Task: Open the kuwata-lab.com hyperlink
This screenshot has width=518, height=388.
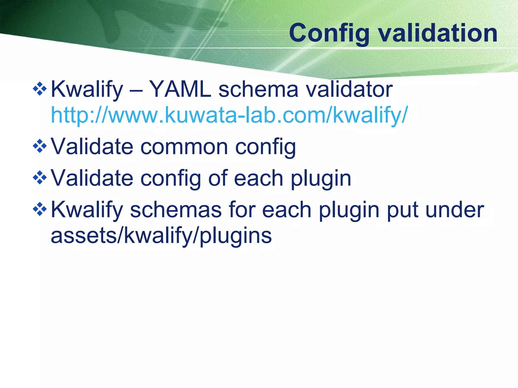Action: pyautogui.click(x=229, y=115)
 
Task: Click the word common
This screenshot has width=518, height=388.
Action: pyautogui.click(x=184, y=147)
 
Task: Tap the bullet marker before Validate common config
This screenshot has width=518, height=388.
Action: pyautogui.click(x=40, y=146)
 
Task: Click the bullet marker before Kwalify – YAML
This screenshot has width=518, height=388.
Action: pyautogui.click(x=40, y=89)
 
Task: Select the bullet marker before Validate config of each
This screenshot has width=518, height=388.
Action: pyautogui.click(x=40, y=177)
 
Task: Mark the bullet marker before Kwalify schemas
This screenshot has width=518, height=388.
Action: pyautogui.click(x=40, y=209)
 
